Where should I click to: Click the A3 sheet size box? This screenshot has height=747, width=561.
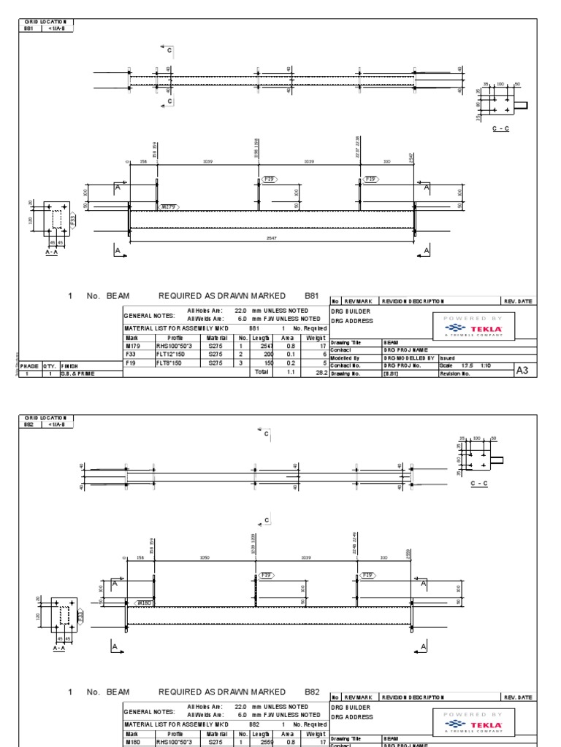(522, 371)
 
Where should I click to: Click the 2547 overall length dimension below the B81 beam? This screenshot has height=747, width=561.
(271, 238)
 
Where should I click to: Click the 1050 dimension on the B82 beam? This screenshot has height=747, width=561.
(205, 557)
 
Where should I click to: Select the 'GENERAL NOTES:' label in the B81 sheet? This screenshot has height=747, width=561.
(149, 315)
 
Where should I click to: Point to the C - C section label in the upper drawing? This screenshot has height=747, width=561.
(500, 128)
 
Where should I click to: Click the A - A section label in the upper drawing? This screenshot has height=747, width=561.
(52, 252)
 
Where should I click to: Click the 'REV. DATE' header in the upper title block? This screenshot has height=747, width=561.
(517, 301)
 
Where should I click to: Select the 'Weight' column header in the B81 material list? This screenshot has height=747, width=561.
(316, 338)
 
